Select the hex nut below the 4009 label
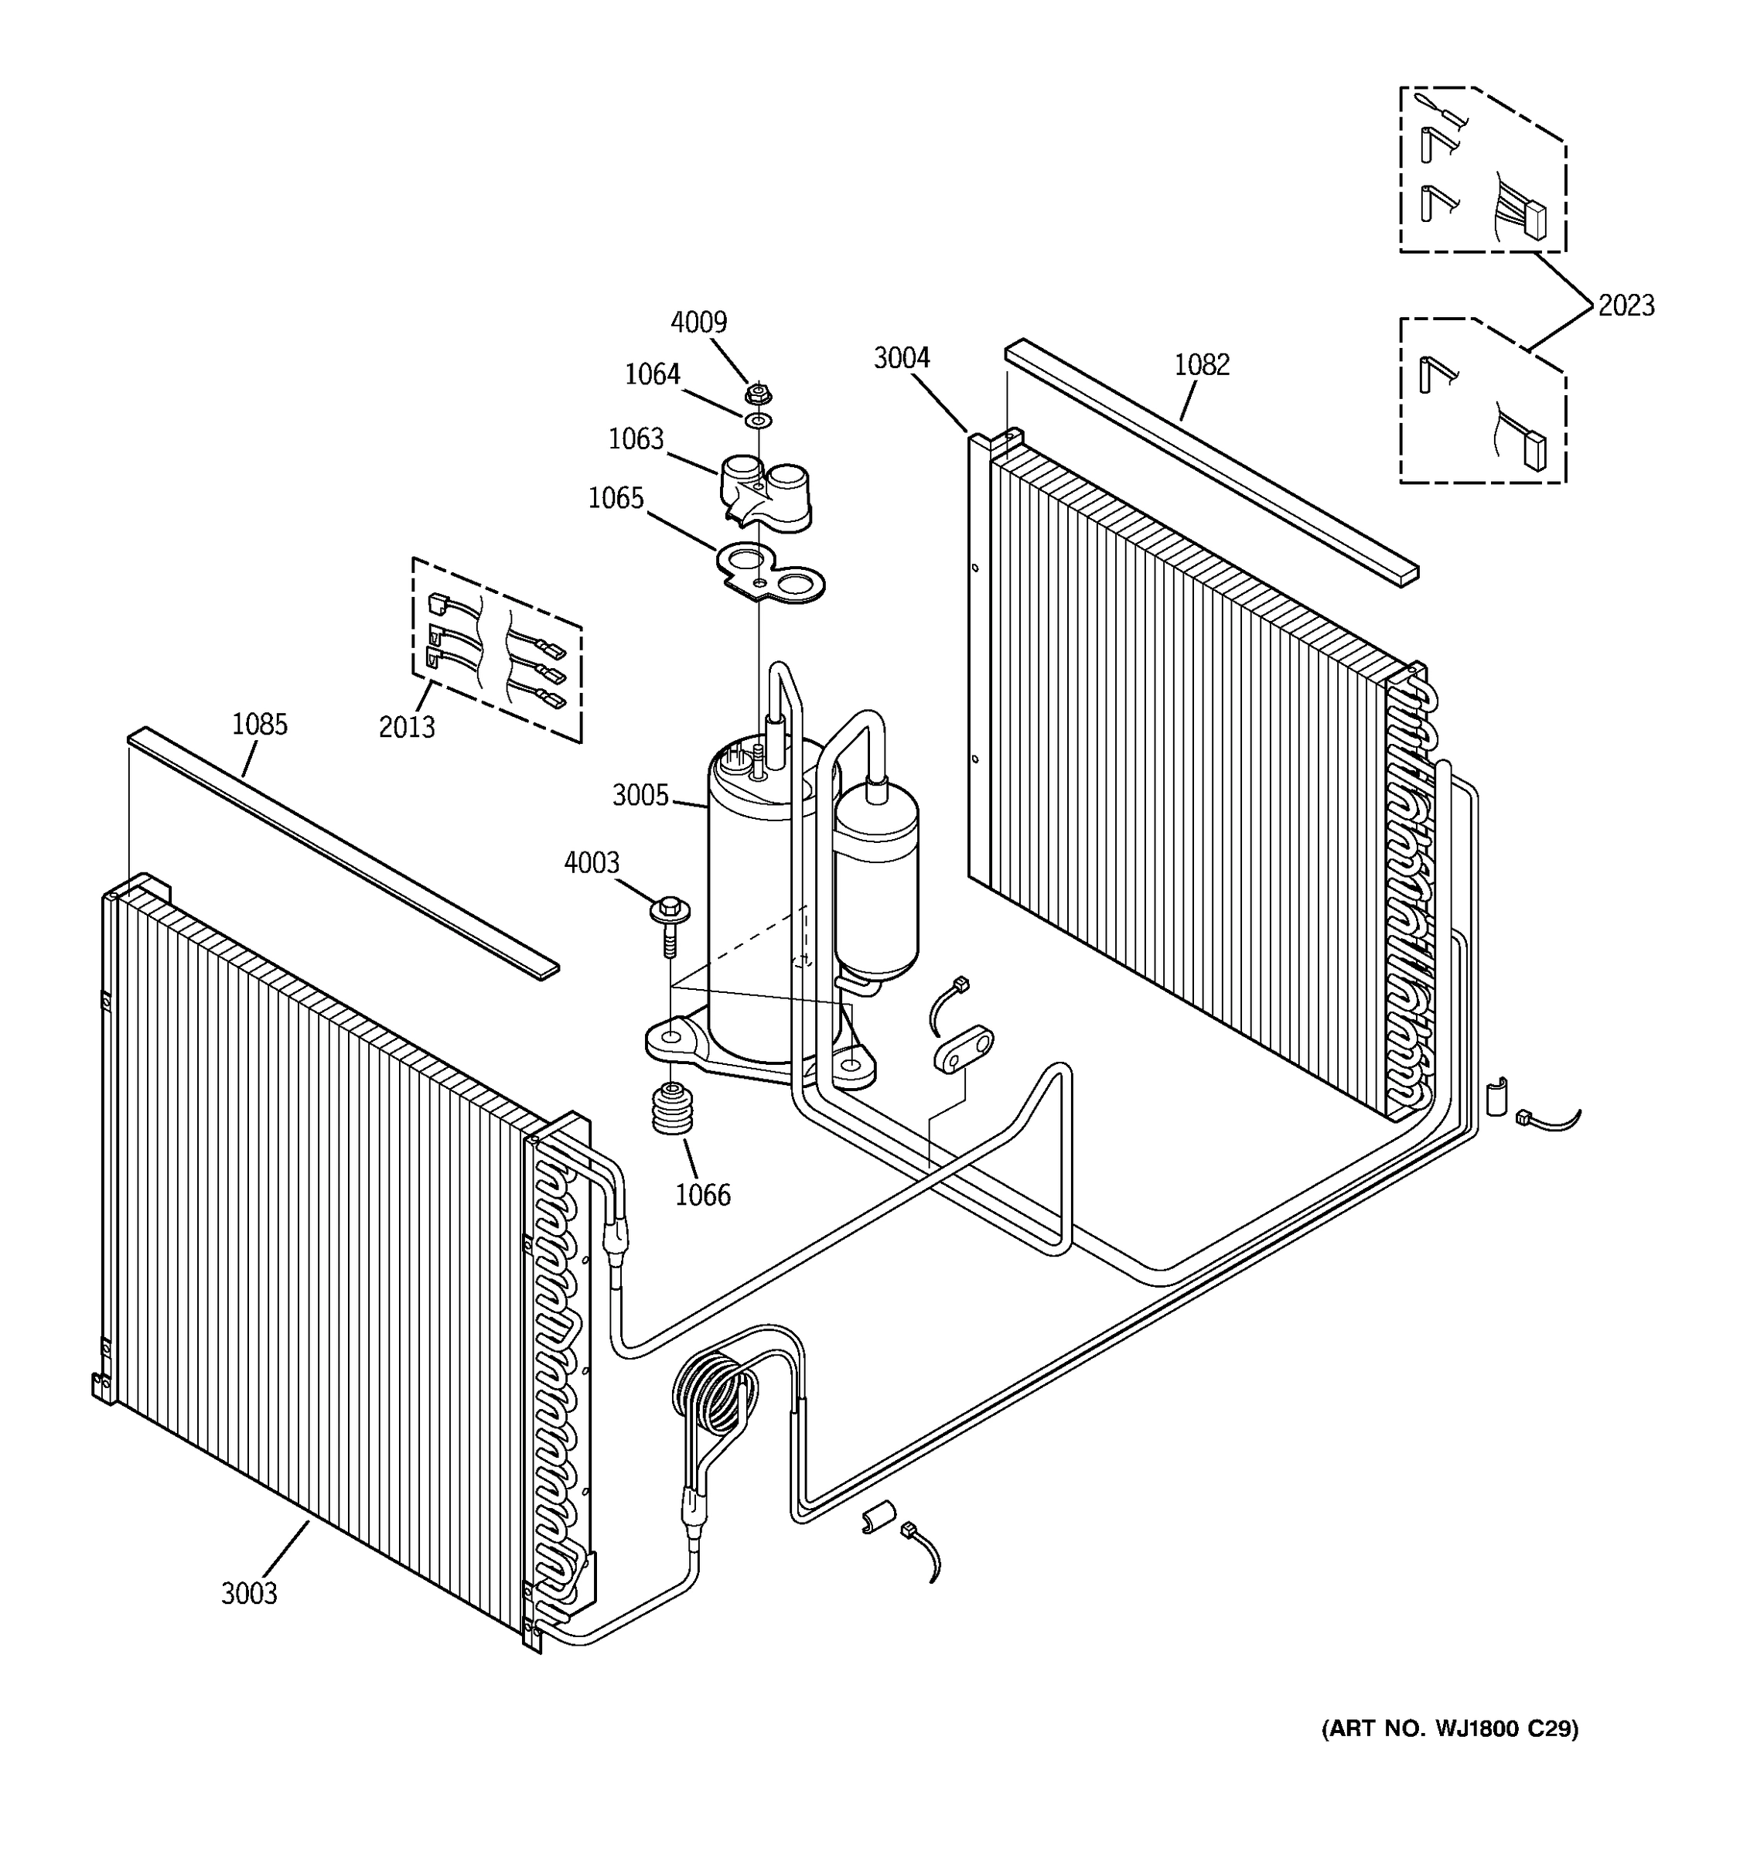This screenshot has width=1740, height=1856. point(758,393)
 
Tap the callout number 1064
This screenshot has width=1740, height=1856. point(652,375)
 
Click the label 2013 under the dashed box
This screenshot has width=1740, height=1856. point(406,727)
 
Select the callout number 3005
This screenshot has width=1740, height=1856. point(640,796)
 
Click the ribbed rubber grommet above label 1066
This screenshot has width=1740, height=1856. point(668,1109)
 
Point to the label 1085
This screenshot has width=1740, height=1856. point(260,725)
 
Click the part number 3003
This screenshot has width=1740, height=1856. point(249,1593)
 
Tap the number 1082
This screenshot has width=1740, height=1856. point(1202,365)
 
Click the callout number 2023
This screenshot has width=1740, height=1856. point(1626,306)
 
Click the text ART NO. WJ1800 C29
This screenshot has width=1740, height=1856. point(1448,1728)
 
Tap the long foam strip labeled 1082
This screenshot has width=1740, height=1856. point(1213,463)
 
